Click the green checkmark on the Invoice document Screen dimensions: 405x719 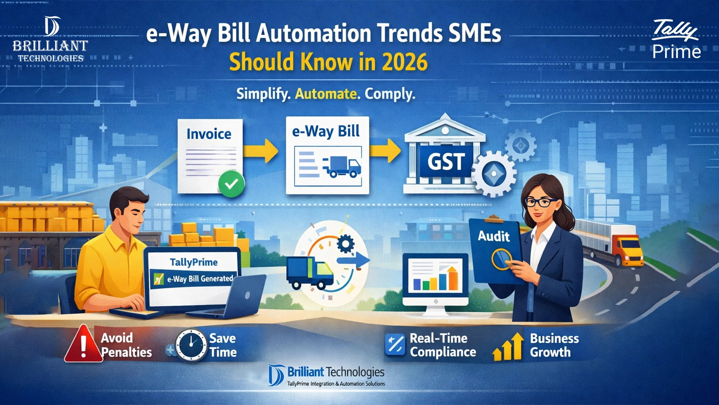point(231,184)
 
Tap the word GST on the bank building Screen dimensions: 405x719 point(446,162)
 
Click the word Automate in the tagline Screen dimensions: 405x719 point(325,93)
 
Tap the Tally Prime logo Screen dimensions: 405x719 point(676,40)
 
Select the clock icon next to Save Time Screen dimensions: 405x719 point(191,345)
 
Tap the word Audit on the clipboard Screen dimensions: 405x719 point(494,236)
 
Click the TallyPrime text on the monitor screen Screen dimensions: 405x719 point(194,262)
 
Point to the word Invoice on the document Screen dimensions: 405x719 point(209,134)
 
